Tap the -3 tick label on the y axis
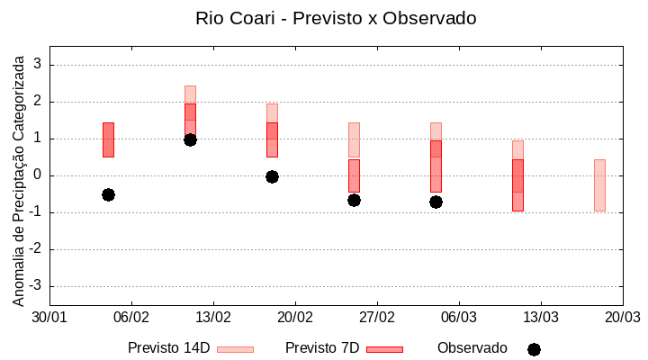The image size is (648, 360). coord(36,286)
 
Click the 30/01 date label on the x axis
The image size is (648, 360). coord(49,317)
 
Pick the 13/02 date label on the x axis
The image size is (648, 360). coord(213,317)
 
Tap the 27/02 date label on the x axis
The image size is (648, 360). coord(377,317)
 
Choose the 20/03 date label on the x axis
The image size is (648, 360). coord(622,317)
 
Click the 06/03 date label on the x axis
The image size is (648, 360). coord(459,317)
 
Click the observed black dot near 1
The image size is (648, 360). coord(190,139)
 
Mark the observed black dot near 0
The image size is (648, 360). coord(272,176)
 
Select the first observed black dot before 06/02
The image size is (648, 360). coord(108,194)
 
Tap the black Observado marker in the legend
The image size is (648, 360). coord(534,349)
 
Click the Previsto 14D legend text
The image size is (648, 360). coord(169,347)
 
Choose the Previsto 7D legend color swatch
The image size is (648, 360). coord(384,348)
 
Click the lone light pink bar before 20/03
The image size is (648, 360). coord(599,184)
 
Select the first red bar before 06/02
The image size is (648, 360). coord(108,139)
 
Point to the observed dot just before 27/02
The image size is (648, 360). coord(354,200)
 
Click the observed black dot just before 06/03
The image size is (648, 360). coord(436,202)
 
